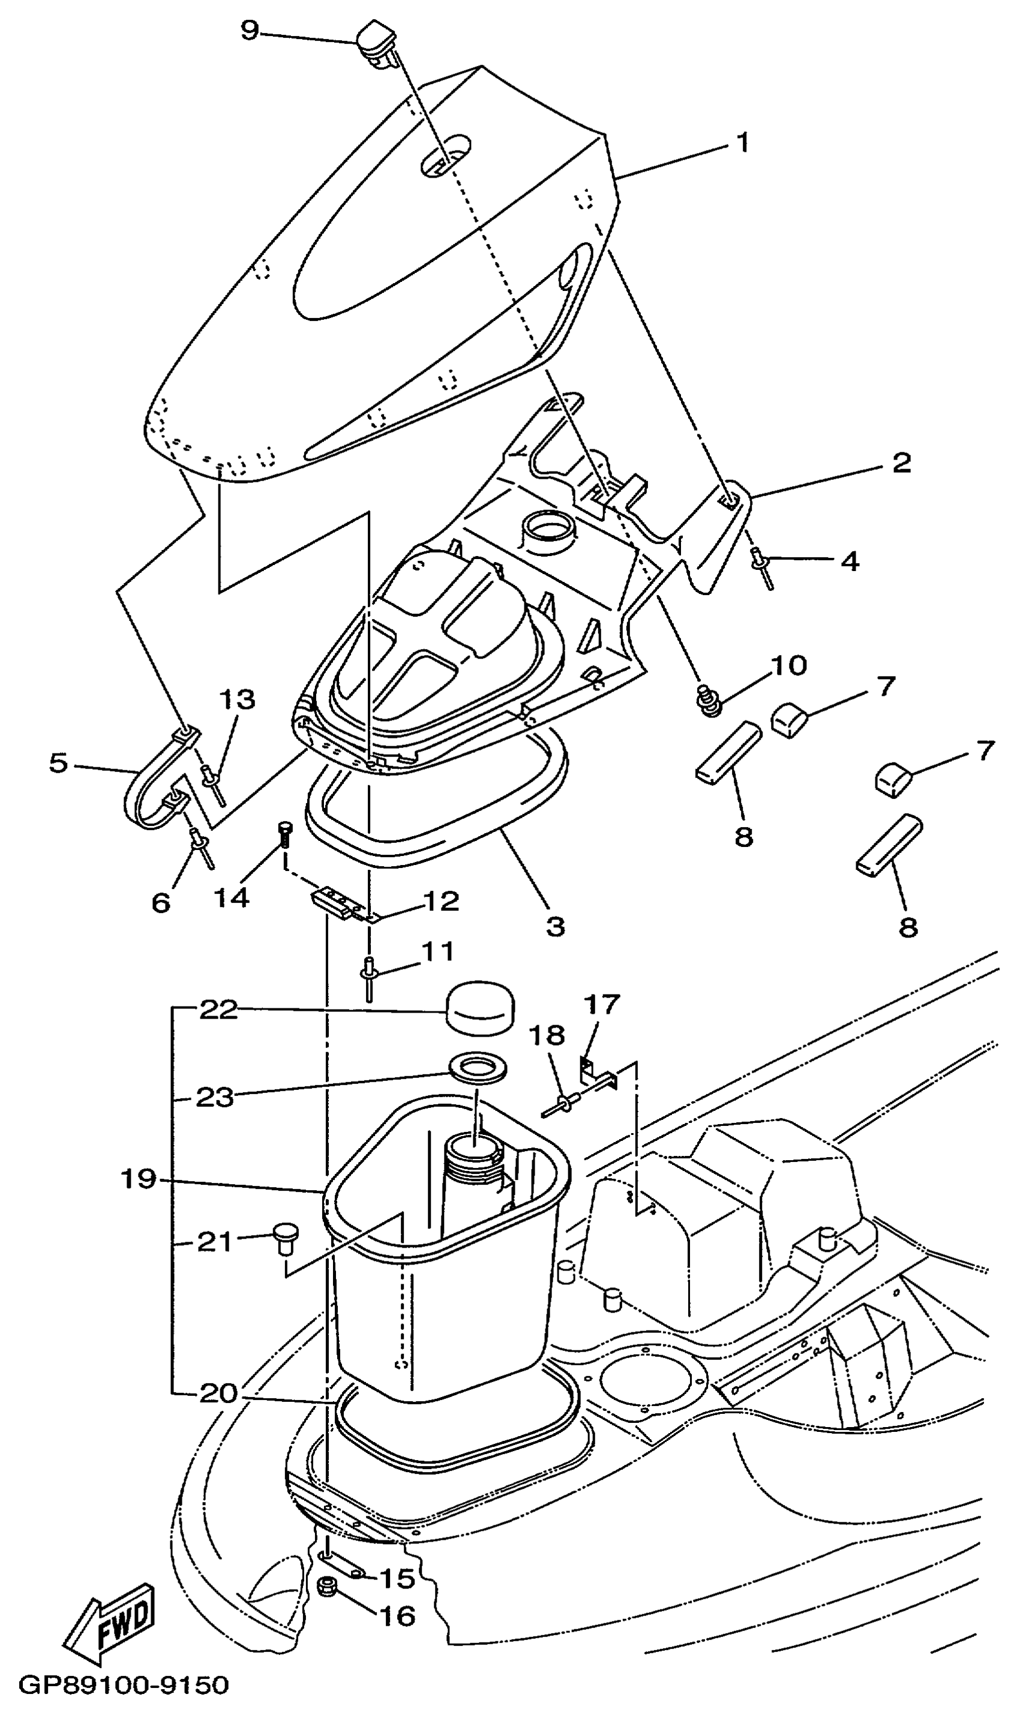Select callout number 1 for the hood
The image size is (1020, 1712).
(743, 143)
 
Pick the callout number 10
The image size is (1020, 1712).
(788, 666)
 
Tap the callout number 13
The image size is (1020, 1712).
(237, 699)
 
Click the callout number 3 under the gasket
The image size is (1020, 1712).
(556, 926)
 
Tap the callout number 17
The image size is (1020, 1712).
(602, 1004)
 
